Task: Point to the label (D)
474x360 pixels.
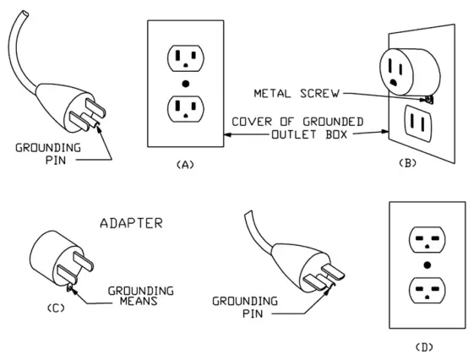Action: pos(428,346)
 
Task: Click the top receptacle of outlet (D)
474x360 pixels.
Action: pos(428,239)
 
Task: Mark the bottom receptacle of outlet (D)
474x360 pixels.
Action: pos(428,292)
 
